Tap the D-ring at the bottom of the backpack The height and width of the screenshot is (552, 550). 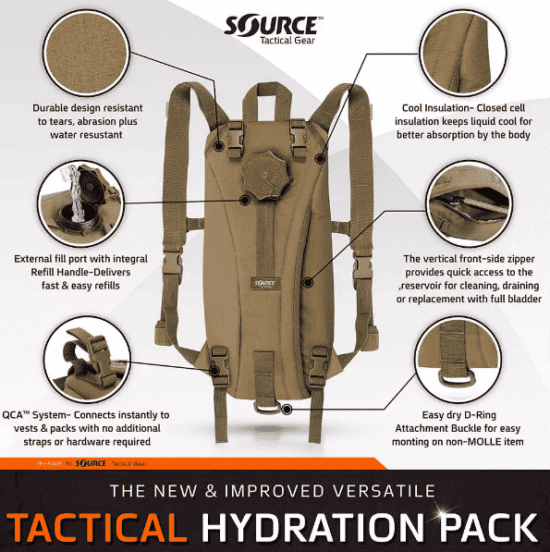pyautogui.click(x=267, y=409)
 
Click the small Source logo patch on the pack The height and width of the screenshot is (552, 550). pyautogui.click(x=264, y=283)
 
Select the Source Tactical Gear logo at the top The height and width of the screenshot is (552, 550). pyautogui.click(x=274, y=30)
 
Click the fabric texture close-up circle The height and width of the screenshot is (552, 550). pyautogui.click(x=86, y=53)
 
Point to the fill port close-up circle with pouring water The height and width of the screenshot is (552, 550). pyautogui.click(x=81, y=203)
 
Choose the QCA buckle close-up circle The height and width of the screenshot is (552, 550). pyautogui.click(x=87, y=360)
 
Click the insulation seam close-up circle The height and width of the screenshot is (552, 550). pyautogui.click(x=463, y=53)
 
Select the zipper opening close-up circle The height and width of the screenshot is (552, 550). pyautogui.click(x=469, y=203)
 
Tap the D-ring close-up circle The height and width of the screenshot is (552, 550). pyautogui.click(x=458, y=360)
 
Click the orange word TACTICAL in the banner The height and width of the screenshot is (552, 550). pyautogui.click(x=97, y=528)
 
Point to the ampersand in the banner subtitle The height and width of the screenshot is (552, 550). pyautogui.click(x=211, y=491)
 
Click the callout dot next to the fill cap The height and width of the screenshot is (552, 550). pyautogui.click(x=245, y=200)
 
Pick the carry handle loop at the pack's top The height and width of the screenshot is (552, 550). pyautogui.click(x=266, y=100)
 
